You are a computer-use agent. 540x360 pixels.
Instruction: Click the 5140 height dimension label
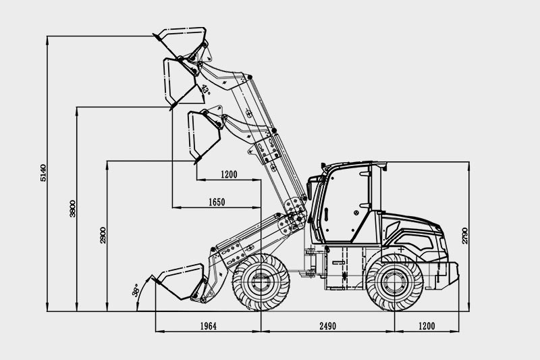(x=43, y=173)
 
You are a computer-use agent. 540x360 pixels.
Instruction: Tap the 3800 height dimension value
(x=72, y=209)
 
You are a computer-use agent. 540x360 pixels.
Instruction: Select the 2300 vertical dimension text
(x=103, y=235)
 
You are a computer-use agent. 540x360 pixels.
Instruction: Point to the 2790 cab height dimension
(x=464, y=236)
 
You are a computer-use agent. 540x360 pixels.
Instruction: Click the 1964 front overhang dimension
(x=209, y=326)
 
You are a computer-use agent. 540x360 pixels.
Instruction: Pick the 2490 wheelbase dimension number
(x=327, y=326)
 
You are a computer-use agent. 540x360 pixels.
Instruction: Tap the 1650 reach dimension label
(x=217, y=202)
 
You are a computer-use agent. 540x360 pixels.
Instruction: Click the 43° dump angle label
(x=206, y=89)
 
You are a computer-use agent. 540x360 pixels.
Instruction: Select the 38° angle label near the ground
(x=136, y=290)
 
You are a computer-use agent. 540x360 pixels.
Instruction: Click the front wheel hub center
(x=261, y=282)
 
